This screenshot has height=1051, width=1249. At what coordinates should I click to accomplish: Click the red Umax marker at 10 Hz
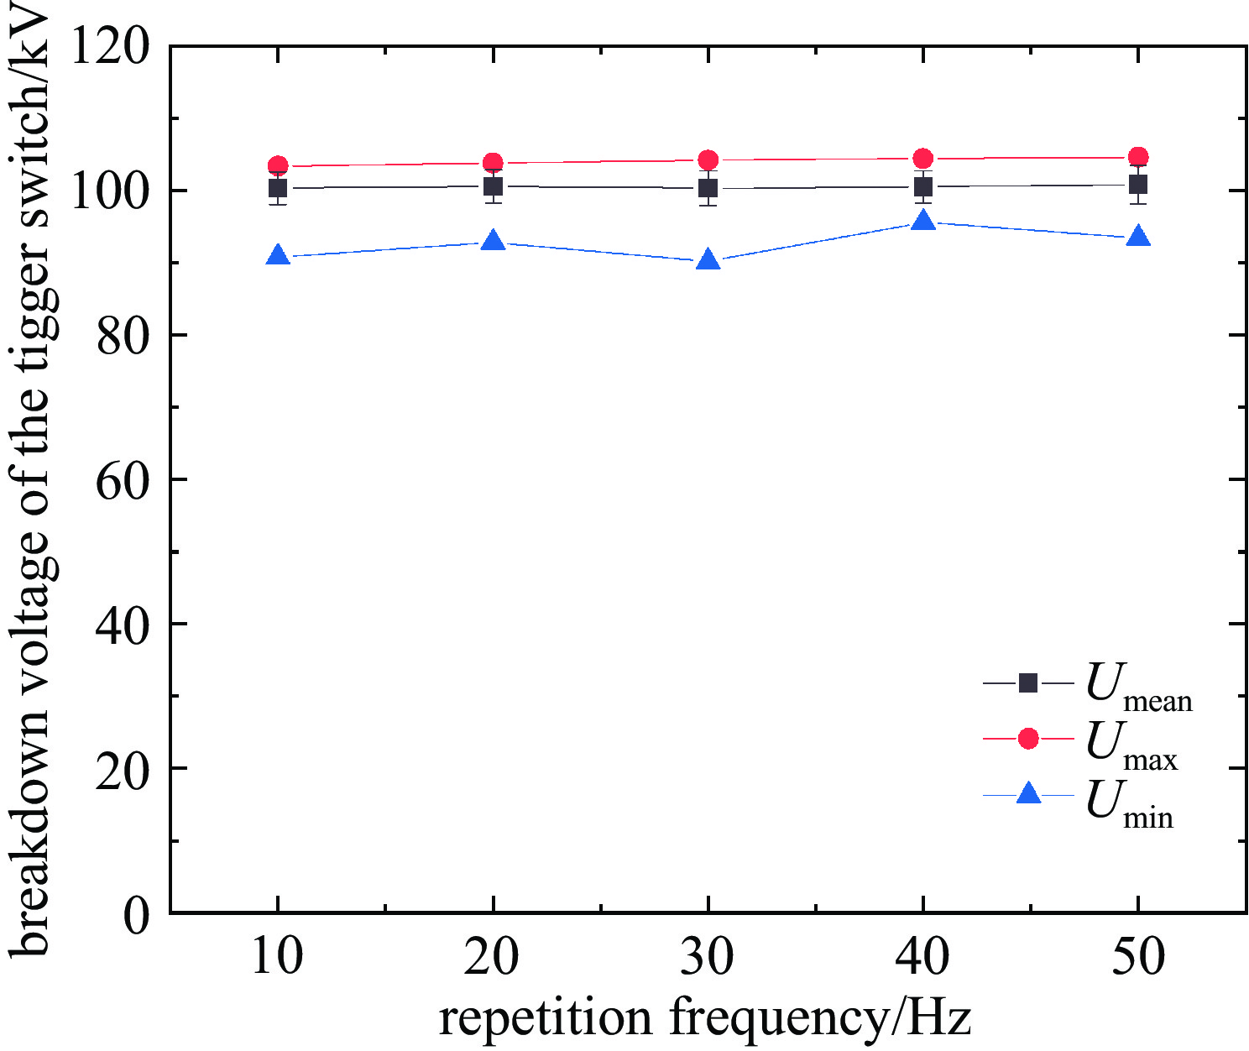278,165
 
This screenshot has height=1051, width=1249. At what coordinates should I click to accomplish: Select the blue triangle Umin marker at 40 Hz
923,222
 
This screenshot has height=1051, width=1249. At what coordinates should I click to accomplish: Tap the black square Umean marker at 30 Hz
708,188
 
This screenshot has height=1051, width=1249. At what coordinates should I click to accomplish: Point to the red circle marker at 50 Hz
1138,157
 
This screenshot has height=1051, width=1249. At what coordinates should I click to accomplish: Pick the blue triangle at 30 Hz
708,260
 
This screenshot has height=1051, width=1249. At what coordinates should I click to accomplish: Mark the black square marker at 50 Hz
1138,185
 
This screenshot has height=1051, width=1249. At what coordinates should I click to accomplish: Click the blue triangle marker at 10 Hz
278,256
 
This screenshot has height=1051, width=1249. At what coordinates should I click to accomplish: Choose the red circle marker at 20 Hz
494,163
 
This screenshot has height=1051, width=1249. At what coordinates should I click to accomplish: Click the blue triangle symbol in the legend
1028,794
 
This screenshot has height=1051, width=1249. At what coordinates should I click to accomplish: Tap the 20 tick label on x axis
493,957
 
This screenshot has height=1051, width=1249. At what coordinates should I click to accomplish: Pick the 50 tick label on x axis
1138,957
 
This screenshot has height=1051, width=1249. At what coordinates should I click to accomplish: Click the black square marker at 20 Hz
494,186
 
